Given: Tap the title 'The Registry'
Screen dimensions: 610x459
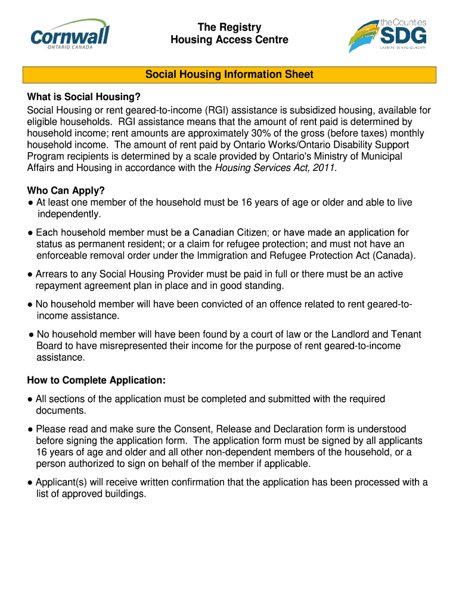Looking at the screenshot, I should click(x=229, y=27).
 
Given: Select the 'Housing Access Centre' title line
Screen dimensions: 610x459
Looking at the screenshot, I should click(x=229, y=40).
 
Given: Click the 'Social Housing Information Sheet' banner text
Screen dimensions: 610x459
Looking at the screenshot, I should click(x=229, y=74).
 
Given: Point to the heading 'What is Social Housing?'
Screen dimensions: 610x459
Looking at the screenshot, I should click(x=83, y=98).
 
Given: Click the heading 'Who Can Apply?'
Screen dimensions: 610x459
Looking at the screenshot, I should click(x=66, y=191).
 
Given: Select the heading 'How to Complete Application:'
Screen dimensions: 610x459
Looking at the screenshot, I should click(x=96, y=381).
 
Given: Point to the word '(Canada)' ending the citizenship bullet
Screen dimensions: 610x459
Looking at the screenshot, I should click(x=394, y=256).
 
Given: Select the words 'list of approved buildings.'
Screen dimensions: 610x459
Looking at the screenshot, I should click(x=91, y=494).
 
